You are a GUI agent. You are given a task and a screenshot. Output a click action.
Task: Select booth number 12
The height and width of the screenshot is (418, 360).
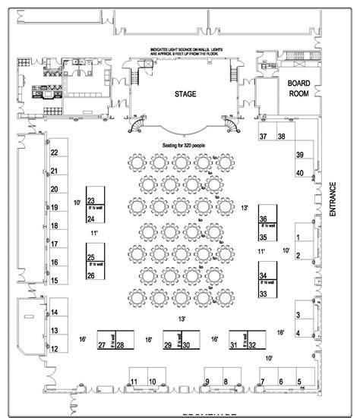[55, 349]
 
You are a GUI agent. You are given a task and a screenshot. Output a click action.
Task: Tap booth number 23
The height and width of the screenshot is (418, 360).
[91, 192]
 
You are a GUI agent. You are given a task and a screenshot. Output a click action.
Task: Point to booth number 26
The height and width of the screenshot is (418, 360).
[91, 275]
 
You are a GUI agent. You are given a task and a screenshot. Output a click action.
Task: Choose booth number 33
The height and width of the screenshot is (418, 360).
[264, 293]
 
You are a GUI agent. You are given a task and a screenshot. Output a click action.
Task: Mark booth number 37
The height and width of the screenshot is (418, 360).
[264, 137]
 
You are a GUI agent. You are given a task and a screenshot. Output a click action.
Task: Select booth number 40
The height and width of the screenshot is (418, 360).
[300, 174]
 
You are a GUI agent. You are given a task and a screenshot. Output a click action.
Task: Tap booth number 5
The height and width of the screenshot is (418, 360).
[299, 382]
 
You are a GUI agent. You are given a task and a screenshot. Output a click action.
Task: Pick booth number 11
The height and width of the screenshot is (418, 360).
[133, 382]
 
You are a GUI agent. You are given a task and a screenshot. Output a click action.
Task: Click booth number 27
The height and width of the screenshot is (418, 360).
[101, 346]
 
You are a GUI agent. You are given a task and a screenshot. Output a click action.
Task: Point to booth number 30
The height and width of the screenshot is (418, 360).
[185, 346]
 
